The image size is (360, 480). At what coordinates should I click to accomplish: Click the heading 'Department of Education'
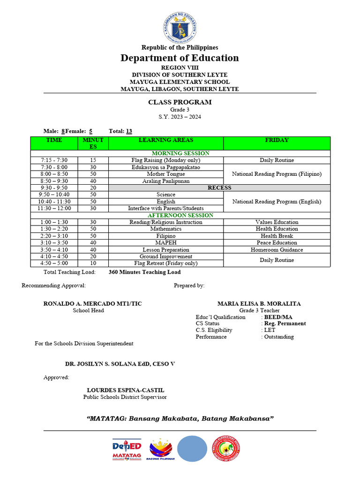point(180,58)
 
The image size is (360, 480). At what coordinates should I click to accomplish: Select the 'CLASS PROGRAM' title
point(180,102)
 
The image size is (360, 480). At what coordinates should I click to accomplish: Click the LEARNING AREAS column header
point(166,140)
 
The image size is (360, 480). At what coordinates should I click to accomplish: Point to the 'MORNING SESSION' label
point(180,153)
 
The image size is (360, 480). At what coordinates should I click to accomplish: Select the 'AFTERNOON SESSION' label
point(180,215)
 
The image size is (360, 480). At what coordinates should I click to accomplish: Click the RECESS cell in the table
point(219,187)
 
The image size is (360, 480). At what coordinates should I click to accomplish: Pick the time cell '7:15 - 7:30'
point(54,160)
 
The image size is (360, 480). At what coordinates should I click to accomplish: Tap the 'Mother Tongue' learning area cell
point(166,174)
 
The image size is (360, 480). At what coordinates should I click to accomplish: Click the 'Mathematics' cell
point(166,229)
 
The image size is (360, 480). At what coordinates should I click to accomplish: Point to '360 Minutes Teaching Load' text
point(144,272)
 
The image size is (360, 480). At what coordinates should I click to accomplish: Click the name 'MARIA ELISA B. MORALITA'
point(259,304)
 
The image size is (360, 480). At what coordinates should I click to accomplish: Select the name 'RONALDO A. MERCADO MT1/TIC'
point(92,304)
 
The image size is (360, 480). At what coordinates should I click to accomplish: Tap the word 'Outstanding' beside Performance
point(279,337)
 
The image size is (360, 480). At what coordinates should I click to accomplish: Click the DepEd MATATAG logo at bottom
point(127,450)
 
